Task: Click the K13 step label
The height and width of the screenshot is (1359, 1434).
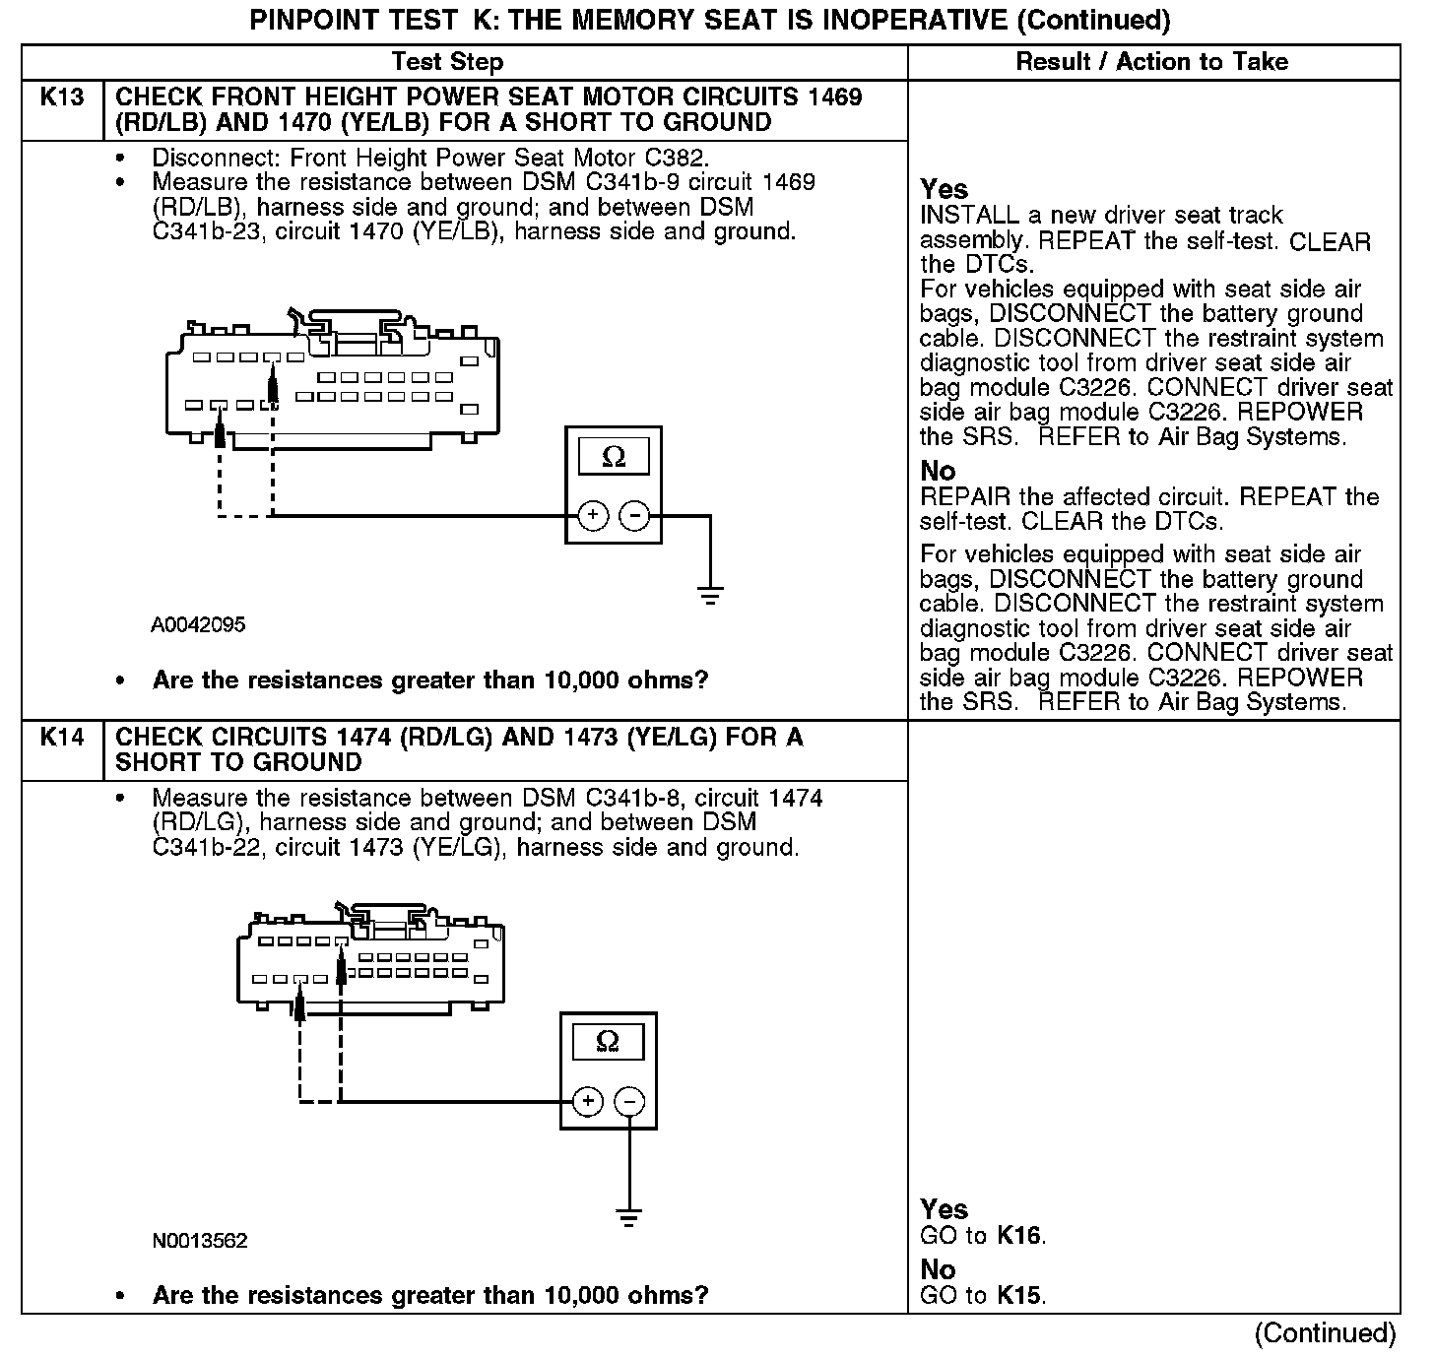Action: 61,97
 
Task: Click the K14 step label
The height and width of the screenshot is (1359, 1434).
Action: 61,738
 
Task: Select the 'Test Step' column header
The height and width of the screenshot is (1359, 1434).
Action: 447,62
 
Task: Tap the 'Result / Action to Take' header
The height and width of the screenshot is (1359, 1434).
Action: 1151,62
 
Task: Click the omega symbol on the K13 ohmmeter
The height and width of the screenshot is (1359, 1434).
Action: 613,458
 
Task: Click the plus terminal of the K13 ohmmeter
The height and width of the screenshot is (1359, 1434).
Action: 593,515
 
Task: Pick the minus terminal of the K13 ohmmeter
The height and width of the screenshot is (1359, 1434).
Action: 634,515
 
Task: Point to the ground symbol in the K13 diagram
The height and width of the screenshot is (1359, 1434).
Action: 709,595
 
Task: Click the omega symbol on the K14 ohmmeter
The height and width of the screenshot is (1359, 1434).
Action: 608,1042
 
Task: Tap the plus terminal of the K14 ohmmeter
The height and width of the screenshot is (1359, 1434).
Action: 588,1100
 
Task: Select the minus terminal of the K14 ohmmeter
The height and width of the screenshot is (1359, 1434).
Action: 629,1100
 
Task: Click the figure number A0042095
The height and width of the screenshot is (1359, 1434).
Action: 198,625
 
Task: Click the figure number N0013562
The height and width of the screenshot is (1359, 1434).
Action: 200,1241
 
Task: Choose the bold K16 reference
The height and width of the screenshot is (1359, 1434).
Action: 1018,1236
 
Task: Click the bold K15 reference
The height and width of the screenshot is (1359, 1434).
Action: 1018,1296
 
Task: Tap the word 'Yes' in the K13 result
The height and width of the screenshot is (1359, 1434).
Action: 944,189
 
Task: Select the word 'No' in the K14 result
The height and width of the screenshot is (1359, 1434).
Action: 938,1269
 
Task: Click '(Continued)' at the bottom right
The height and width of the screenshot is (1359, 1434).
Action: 1325,1333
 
